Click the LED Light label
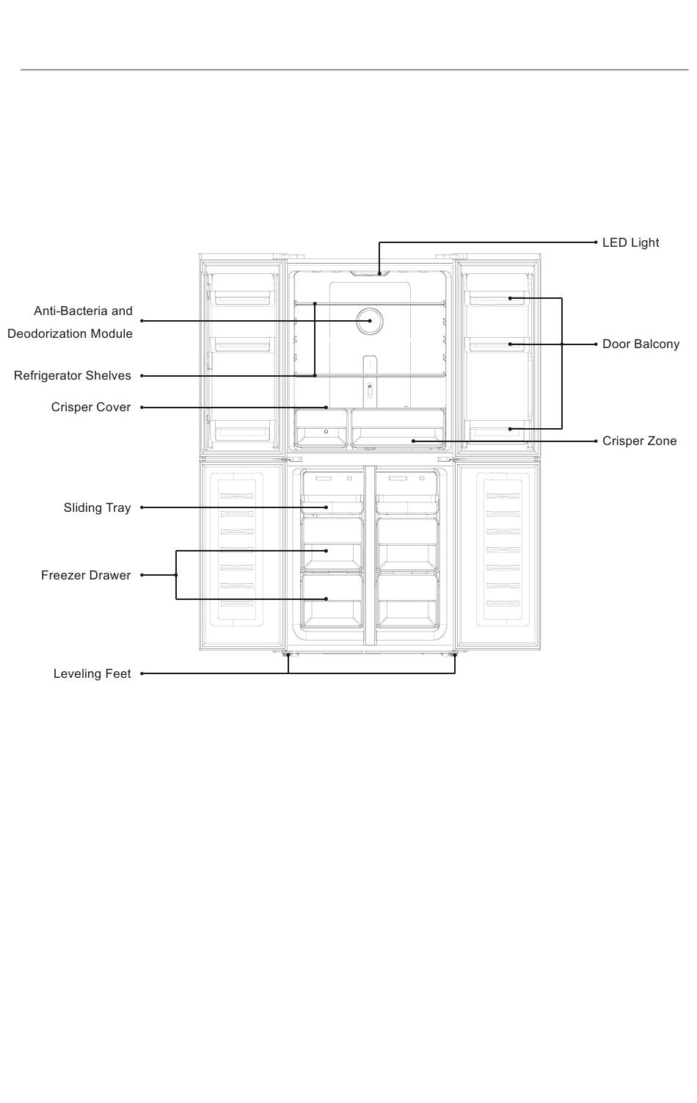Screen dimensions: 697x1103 (630, 242)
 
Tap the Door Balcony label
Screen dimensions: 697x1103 (641, 344)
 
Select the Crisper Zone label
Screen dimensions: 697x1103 (639, 441)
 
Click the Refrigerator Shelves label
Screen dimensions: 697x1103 (73, 375)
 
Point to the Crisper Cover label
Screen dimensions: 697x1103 (91, 407)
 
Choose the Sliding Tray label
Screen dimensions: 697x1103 (97, 507)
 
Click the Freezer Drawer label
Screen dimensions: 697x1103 (86, 575)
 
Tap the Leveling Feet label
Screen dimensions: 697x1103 (92, 673)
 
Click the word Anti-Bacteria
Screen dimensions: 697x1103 (65, 311)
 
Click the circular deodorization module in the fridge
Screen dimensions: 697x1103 (369, 321)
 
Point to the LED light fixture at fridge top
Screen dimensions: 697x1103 (379, 273)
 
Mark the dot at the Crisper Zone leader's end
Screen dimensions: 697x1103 (413, 441)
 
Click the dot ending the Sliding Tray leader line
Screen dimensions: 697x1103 (326, 507)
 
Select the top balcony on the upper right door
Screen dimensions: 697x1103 (497, 297)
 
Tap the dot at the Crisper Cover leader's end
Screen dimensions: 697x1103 (326, 407)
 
